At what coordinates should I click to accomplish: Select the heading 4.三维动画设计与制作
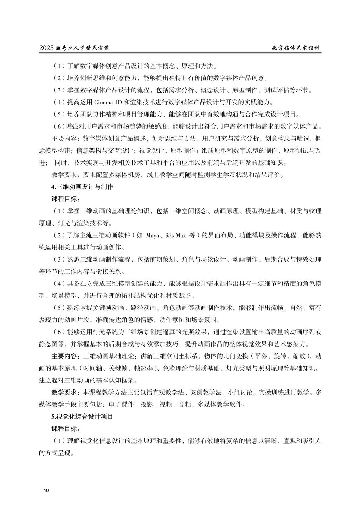coord(83,187)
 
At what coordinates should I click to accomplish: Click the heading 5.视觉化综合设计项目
coord(83,417)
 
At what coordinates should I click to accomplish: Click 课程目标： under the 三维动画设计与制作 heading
coord(66,199)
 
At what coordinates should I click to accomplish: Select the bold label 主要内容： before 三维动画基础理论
coord(66,356)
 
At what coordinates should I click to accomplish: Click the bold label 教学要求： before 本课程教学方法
coord(66,392)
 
